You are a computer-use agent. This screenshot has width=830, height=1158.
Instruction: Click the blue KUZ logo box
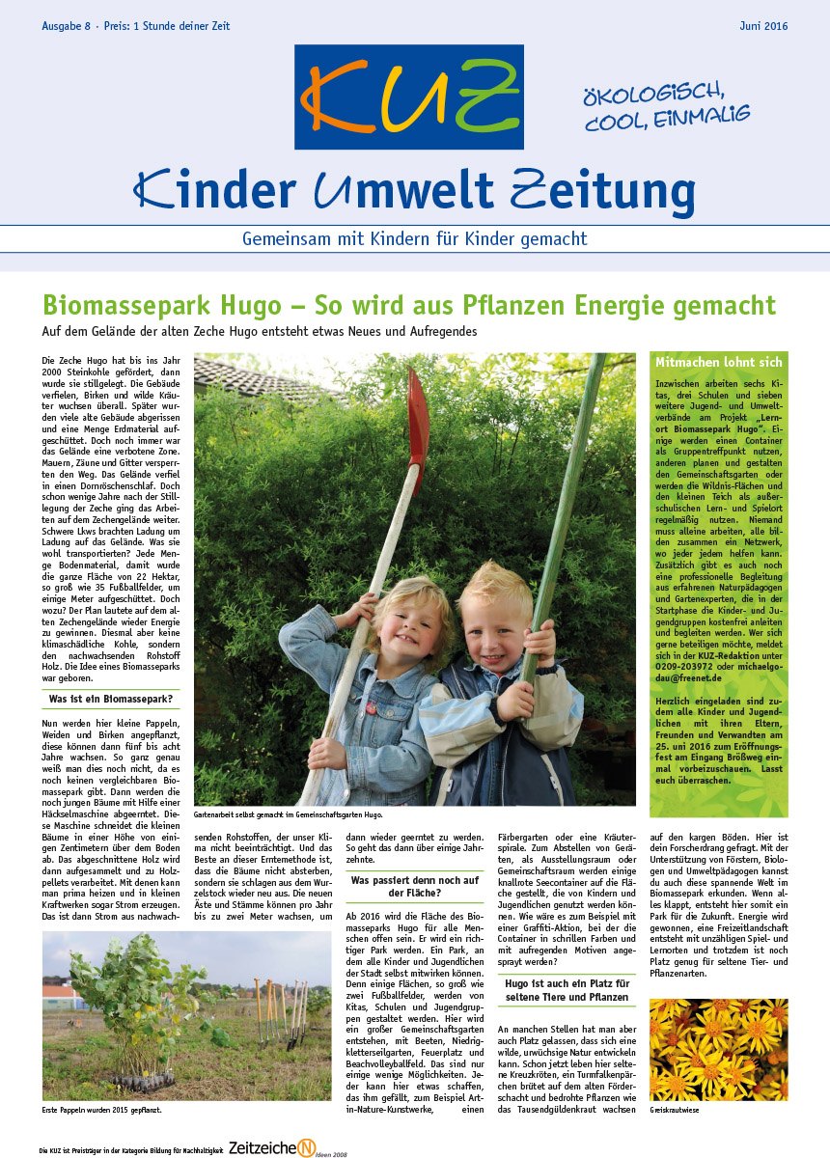pos(409,96)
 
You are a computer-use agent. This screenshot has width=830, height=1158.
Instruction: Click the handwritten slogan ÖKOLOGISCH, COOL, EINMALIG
pos(666,107)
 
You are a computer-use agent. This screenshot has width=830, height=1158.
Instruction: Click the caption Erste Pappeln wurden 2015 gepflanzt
pos(101,1111)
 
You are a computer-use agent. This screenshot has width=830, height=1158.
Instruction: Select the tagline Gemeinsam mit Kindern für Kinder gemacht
pos(414,237)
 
